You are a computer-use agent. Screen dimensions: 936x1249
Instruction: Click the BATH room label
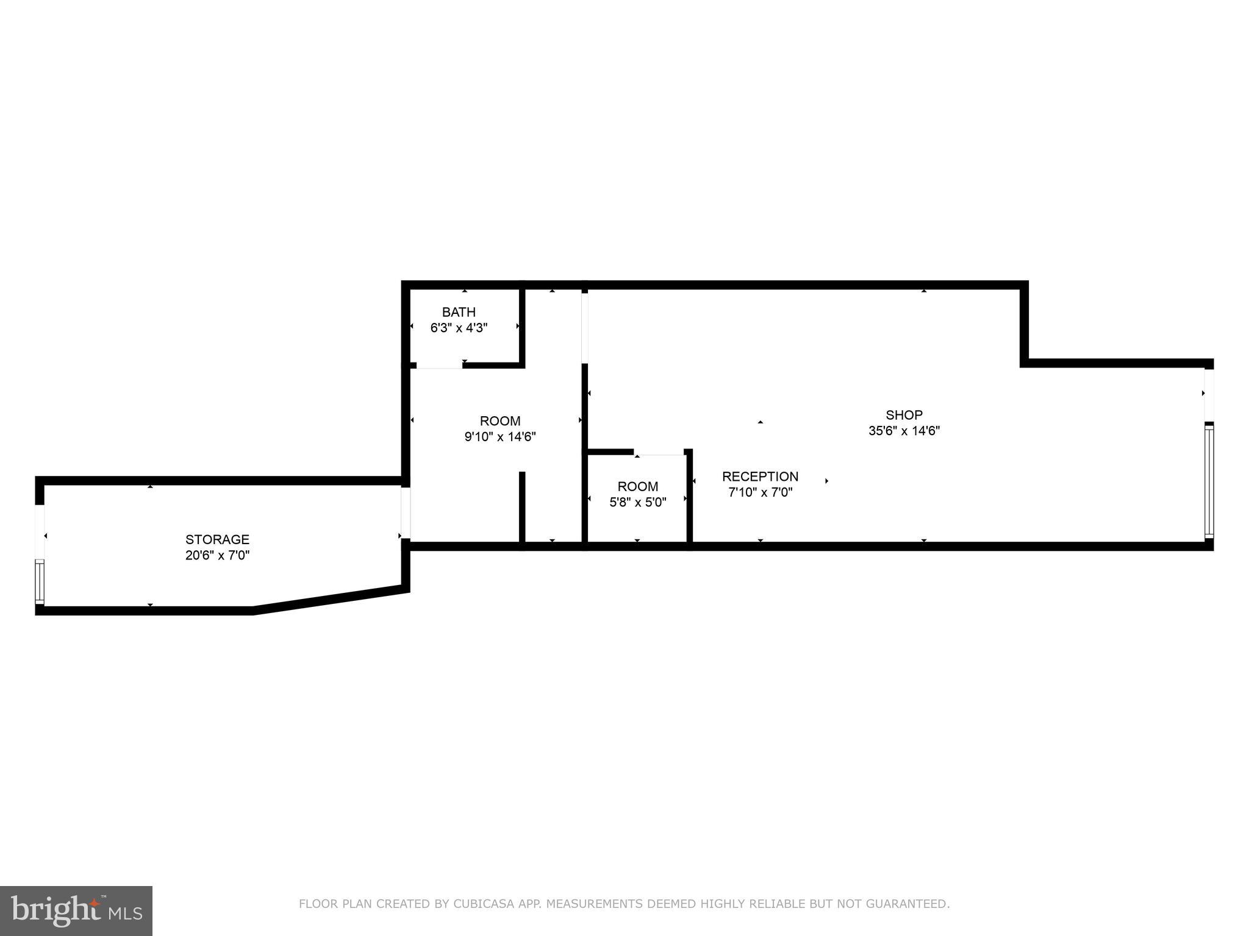(459, 312)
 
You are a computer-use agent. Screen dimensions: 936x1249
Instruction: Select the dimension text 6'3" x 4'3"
(459, 328)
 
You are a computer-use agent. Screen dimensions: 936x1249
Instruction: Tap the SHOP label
(904, 415)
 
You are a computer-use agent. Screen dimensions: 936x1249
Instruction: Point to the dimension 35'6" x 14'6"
(904, 431)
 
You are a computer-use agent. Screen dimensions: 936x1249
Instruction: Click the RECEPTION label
(760, 477)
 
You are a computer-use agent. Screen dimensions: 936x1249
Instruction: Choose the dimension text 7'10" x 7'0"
(760, 492)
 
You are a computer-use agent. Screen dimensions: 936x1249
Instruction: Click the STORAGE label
(217, 539)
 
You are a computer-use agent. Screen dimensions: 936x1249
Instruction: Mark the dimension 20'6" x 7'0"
(217, 555)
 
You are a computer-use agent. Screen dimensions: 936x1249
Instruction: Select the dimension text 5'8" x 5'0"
(638, 502)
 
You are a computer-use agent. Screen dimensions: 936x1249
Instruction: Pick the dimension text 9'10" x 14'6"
(500, 436)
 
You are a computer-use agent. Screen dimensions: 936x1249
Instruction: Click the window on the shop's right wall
(1209, 481)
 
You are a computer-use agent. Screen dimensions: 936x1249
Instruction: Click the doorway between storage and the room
(406, 512)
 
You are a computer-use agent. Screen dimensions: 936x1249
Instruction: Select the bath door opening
(439, 366)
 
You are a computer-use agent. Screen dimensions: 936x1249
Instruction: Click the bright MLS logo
(76, 910)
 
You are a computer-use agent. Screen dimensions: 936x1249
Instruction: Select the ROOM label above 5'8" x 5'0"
(638, 486)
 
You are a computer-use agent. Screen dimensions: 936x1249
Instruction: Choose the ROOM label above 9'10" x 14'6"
(500, 420)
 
